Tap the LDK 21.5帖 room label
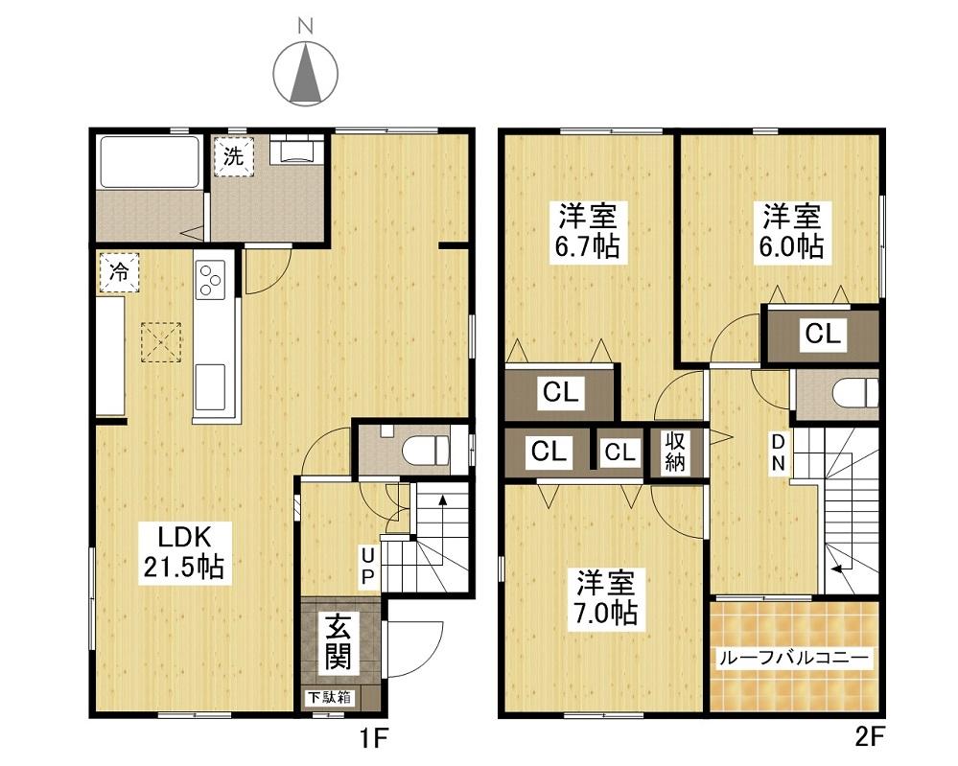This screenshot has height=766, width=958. [x=184, y=552]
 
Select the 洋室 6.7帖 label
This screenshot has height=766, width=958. [x=588, y=231]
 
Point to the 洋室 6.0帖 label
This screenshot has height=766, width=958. [x=792, y=231]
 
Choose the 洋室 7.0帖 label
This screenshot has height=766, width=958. [x=606, y=598]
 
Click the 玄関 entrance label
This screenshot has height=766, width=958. [x=339, y=641]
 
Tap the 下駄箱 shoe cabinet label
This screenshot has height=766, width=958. [x=329, y=697]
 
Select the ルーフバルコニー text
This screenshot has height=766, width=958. [x=794, y=658]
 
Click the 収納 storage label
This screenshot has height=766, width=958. [x=674, y=452]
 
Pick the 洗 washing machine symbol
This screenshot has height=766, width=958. [x=233, y=156]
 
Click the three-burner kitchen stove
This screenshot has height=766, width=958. [x=210, y=279]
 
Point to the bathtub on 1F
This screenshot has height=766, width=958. [x=150, y=161]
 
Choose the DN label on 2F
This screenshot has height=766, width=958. [x=778, y=453]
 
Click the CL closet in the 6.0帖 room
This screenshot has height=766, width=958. [x=823, y=334]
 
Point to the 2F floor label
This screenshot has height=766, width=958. [x=870, y=738]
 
